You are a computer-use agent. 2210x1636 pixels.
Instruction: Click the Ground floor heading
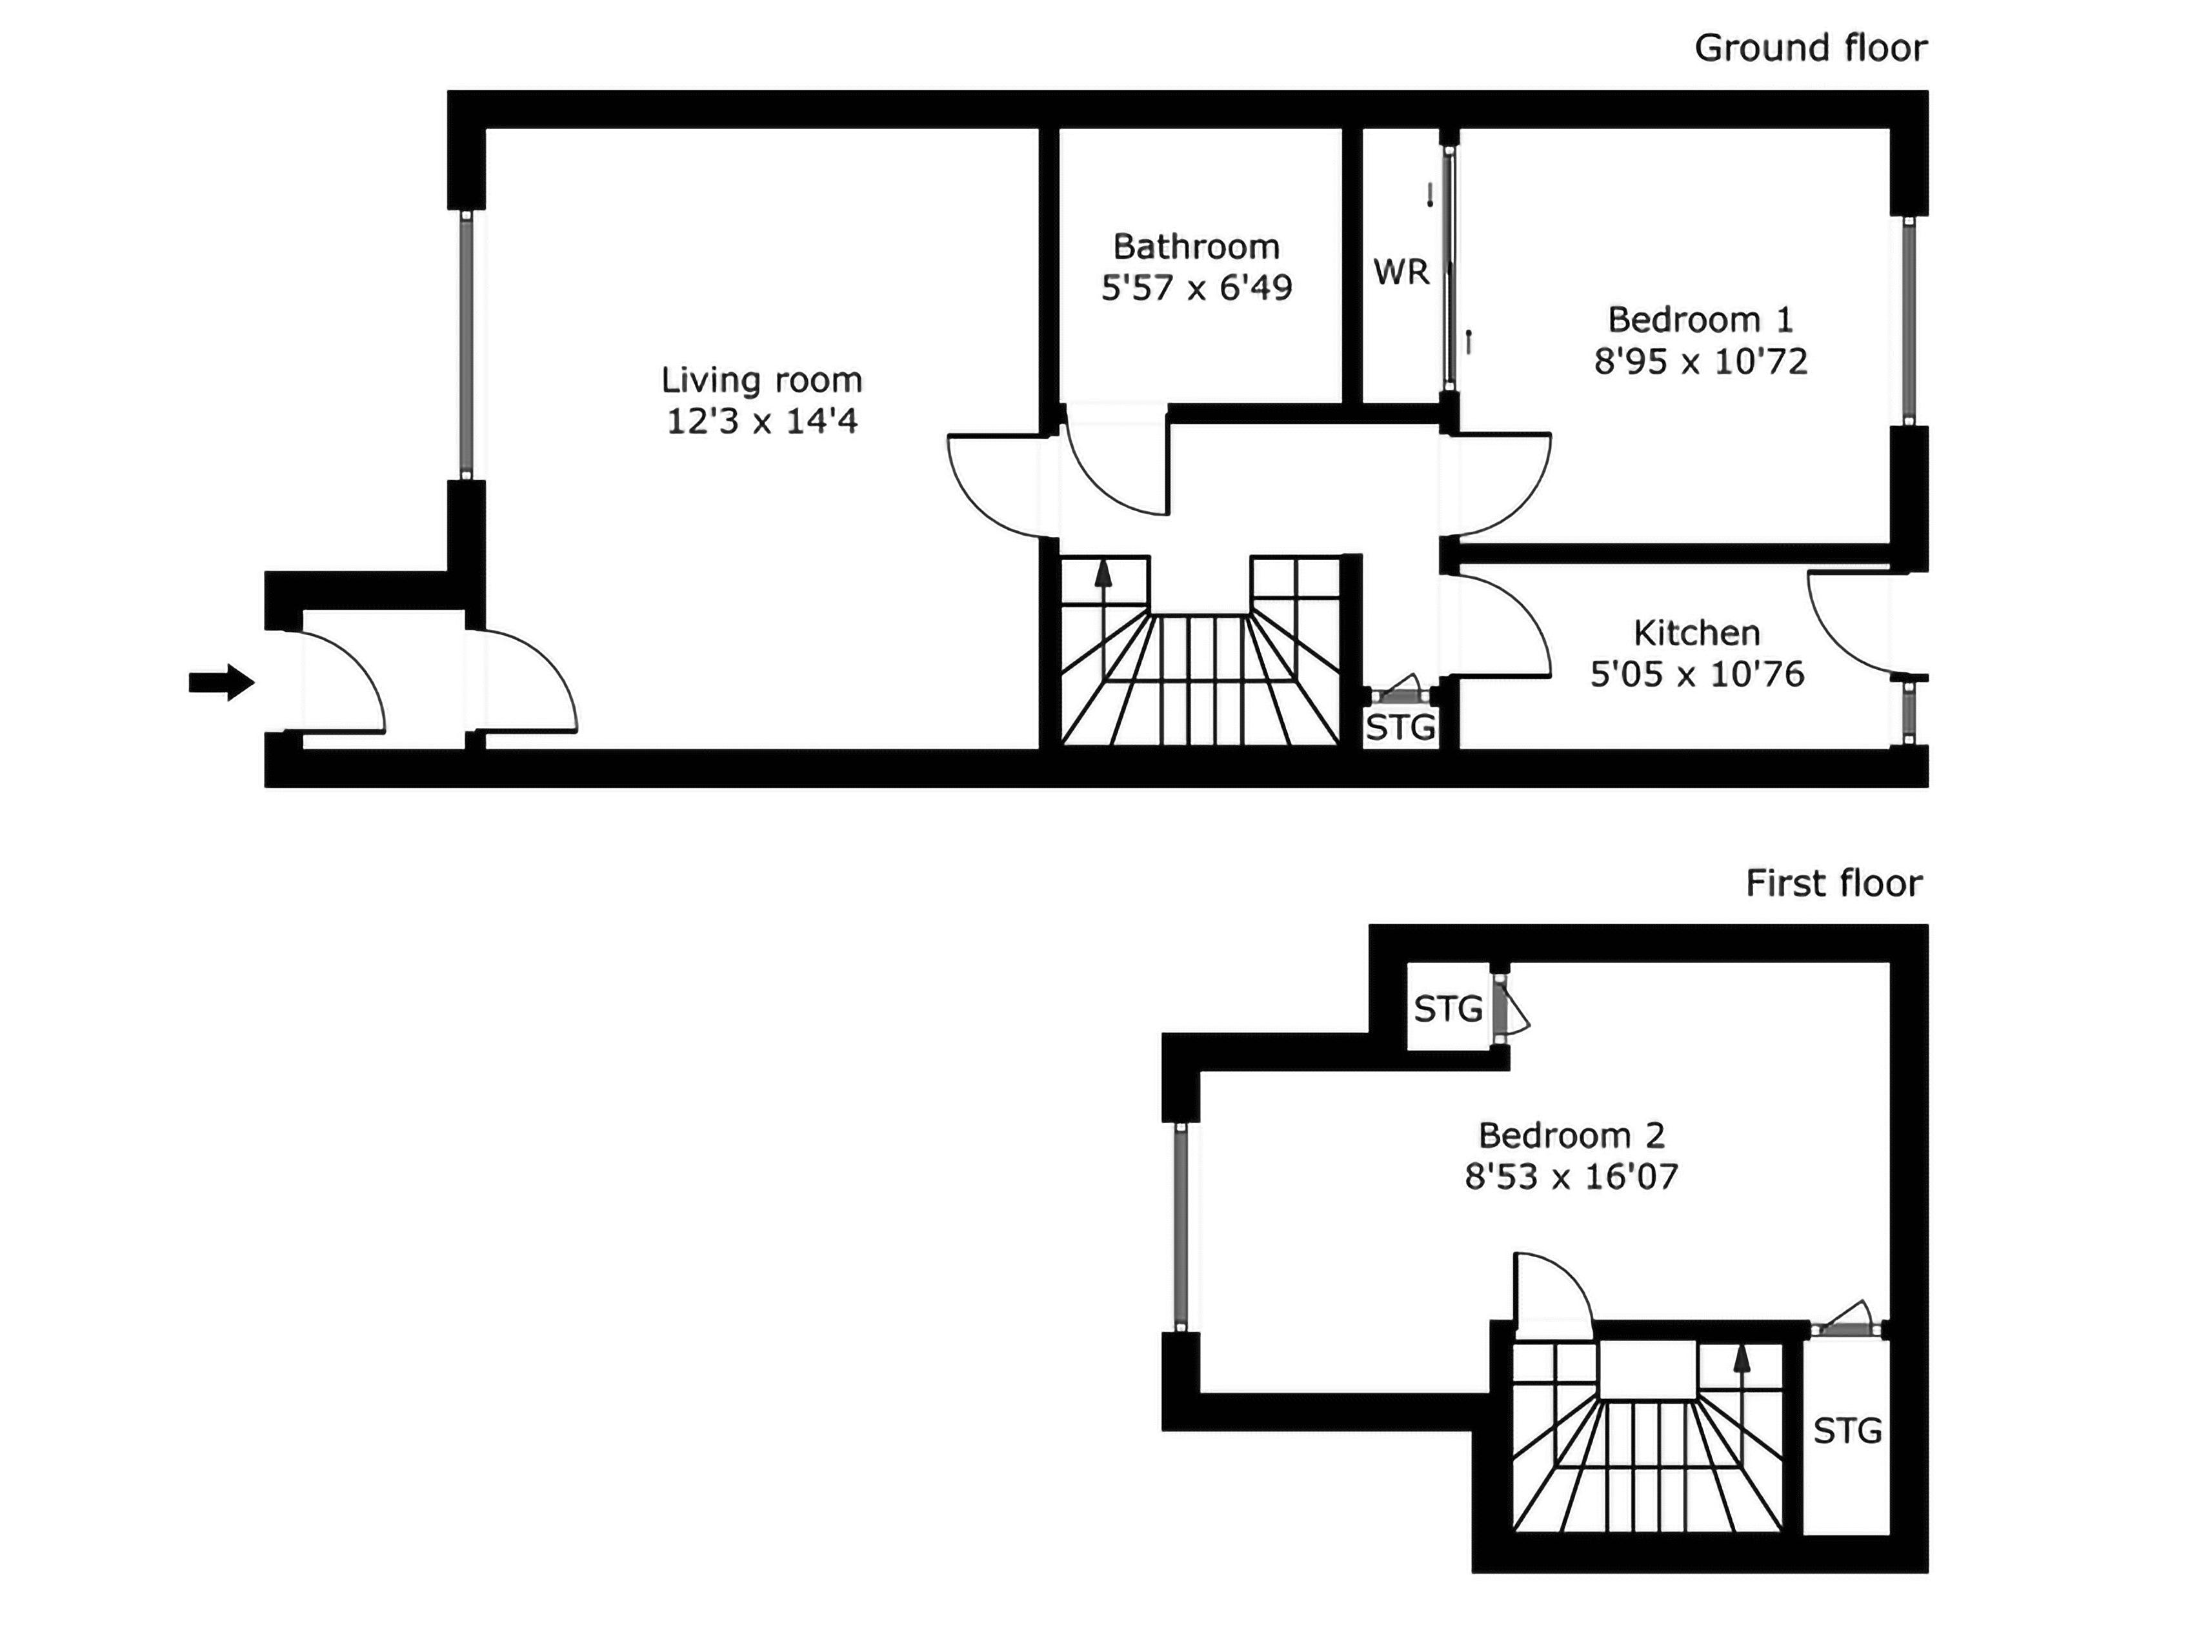1810,48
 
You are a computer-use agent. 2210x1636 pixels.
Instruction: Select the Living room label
761,380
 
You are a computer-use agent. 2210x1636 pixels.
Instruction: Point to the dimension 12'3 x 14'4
761,422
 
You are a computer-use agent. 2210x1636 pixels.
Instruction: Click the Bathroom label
1196,247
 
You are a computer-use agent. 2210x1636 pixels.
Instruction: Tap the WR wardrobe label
1401,271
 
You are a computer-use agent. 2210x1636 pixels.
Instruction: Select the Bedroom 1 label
1700,320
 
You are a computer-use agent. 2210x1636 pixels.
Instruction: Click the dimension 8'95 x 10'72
1700,361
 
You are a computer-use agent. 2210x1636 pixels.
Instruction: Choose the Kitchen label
1696,633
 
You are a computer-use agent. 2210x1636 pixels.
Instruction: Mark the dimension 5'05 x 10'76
1696,674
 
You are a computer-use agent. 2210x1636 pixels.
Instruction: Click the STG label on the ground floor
1400,729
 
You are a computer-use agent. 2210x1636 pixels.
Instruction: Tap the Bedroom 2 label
1571,1135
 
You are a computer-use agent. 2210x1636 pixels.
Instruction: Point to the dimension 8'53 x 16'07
1571,1177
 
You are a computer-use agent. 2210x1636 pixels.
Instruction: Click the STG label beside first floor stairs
1847,1430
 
